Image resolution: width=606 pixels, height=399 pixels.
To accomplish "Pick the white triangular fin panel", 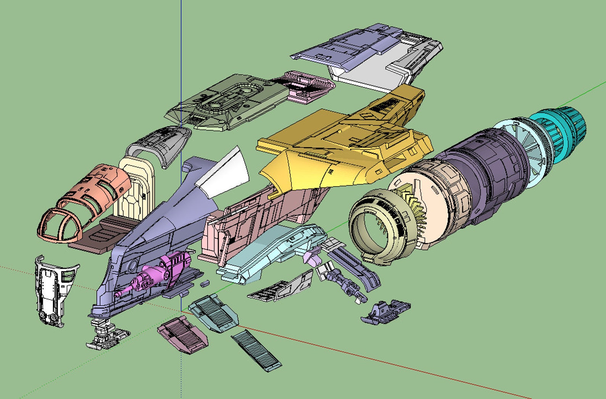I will click(225, 174).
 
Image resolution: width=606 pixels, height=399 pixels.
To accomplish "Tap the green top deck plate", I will click(225, 103).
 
